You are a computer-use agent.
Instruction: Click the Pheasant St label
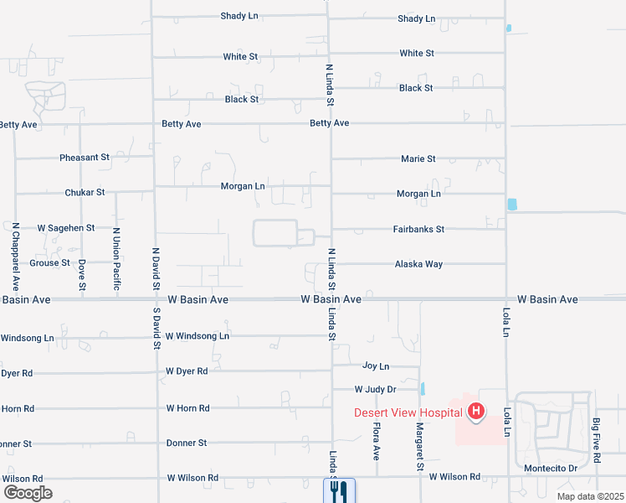tap(85, 158)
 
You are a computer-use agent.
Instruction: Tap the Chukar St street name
tap(85, 193)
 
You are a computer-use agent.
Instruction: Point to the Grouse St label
tap(50, 263)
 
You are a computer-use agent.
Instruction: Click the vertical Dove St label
tap(82, 275)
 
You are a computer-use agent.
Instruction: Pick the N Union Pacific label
tap(116, 260)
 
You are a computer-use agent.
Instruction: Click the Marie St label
tap(418, 158)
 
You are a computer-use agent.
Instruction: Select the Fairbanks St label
tap(418, 229)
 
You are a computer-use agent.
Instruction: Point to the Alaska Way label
tap(418, 264)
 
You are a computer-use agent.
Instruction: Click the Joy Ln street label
tap(376, 366)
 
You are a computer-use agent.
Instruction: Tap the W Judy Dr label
tap(375, 390)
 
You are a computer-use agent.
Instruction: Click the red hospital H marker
tap(476, 412)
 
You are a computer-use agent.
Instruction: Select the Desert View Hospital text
tap(408, 412)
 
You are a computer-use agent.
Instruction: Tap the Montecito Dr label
tap(551, 468)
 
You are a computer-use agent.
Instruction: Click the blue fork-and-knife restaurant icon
tap(339, 490)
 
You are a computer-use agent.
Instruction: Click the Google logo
tap(28, 493)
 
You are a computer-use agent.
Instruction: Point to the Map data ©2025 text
tap(589, 496)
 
